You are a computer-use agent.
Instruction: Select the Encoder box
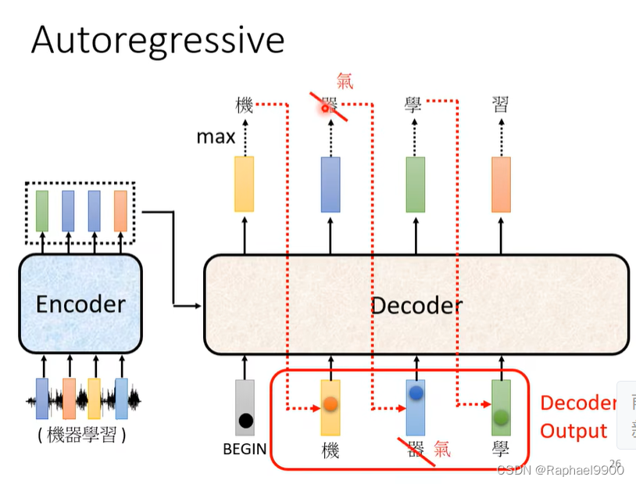pos(80,303)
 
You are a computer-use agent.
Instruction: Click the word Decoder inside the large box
pos(416,305)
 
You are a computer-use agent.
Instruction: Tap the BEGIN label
pos(245,450)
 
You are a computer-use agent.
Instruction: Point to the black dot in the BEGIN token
pos(245,421)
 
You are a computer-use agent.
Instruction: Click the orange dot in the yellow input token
pos(330,405)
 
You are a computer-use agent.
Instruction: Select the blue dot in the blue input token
pos(416,393)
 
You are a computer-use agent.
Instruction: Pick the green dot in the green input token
pos(501,417)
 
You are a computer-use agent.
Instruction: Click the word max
pos(216,137)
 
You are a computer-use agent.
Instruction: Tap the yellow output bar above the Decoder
pos(245,184)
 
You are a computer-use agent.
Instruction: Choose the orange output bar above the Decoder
pos(501,184)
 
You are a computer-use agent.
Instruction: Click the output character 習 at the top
pos(501,105)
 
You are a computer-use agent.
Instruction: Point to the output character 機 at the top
pos(245,105)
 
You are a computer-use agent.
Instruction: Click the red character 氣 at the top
pos(345,81)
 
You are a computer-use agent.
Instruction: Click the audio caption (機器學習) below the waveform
pos(81,435)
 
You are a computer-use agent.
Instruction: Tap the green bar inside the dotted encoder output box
pos(42,210)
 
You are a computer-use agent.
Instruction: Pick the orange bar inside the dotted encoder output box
pos(120,210)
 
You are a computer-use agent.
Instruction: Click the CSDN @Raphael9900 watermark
pos(560,470)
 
